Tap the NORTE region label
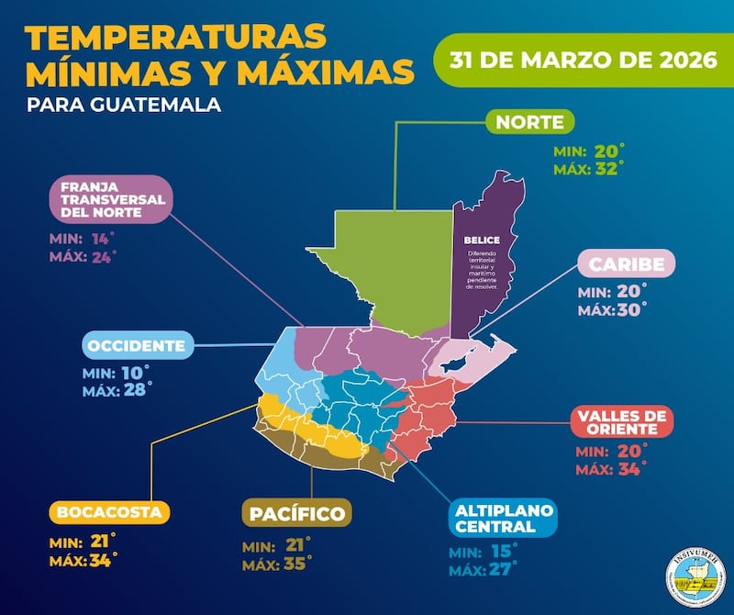tap(530, 122)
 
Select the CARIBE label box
tap(627, 264)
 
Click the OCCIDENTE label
tap(139, 346)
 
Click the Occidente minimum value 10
tap(132, 373)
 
